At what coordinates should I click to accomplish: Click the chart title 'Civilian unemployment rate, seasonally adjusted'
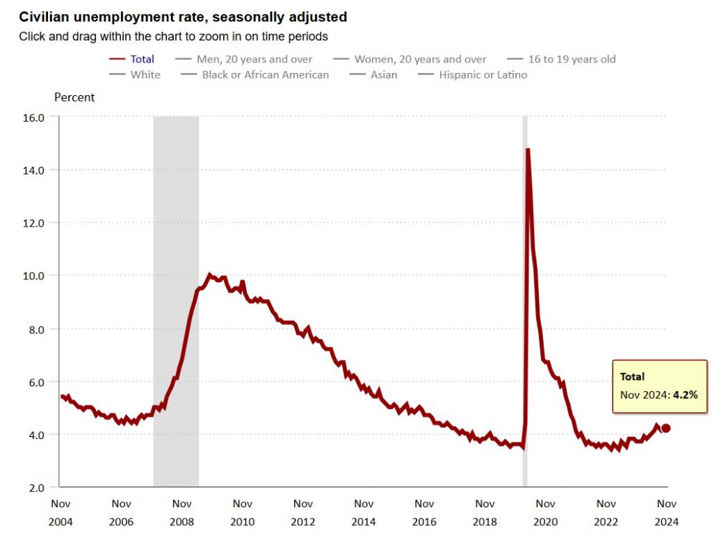[183, 16]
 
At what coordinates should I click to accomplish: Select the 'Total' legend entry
[142, 59]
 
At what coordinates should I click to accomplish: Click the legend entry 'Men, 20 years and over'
[254, 59]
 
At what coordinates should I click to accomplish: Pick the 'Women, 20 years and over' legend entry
[420, 59]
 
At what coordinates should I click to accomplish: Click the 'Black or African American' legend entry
[265, 74]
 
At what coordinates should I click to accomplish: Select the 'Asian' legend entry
[384, 74]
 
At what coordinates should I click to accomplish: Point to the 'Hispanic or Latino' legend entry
[483, 74]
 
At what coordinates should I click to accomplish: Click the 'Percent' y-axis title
[74, 97]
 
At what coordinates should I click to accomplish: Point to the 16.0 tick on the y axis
[33, 117]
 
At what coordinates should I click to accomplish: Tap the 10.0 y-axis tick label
[33, 276]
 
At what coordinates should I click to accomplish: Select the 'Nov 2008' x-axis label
[182, 512]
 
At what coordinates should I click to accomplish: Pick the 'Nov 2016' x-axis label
[424, 512]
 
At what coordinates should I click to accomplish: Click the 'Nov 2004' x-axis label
[60, 512]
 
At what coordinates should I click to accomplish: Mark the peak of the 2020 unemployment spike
[528, 149]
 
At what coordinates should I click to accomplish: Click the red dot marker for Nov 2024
[665, 428]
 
